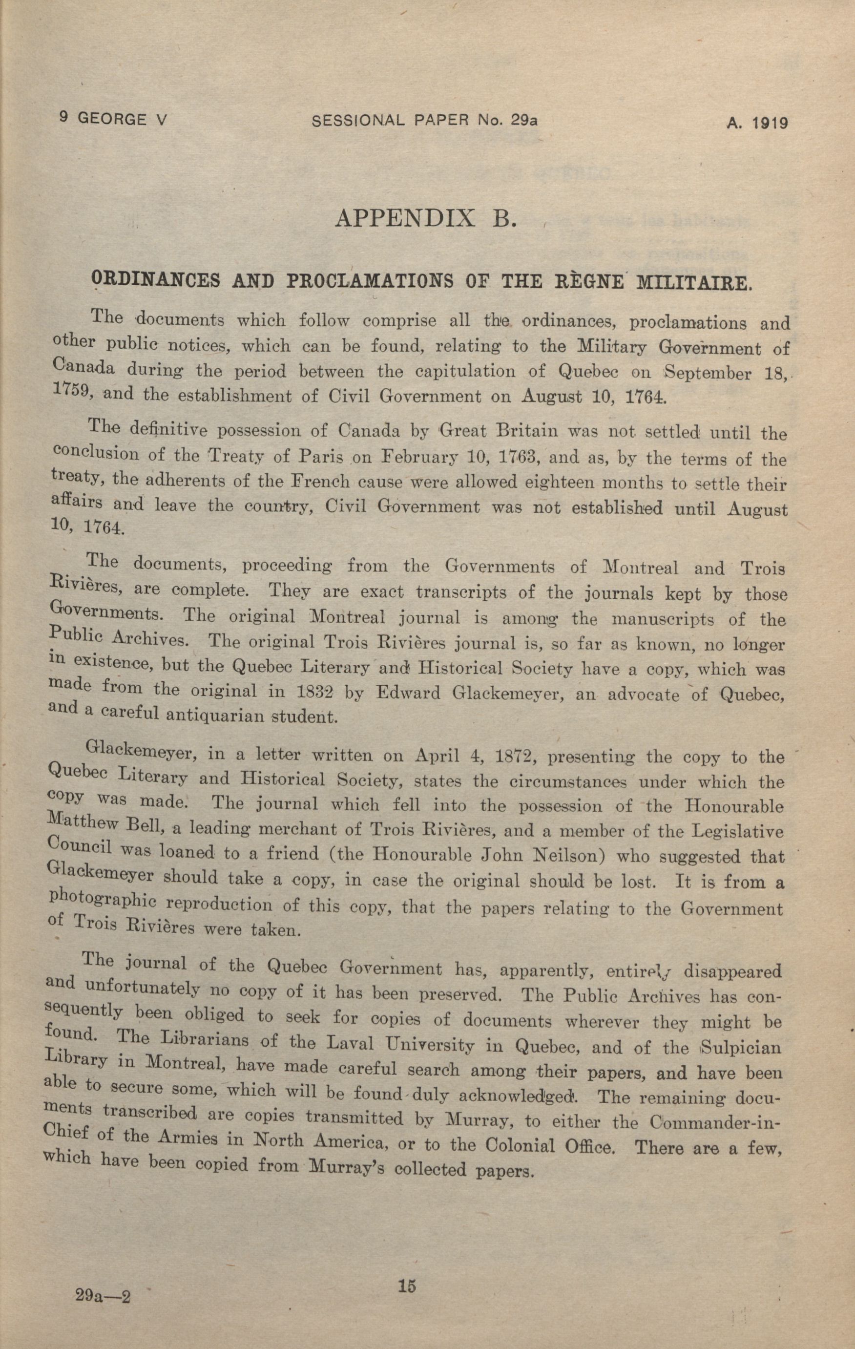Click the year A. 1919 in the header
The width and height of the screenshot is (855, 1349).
757,123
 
